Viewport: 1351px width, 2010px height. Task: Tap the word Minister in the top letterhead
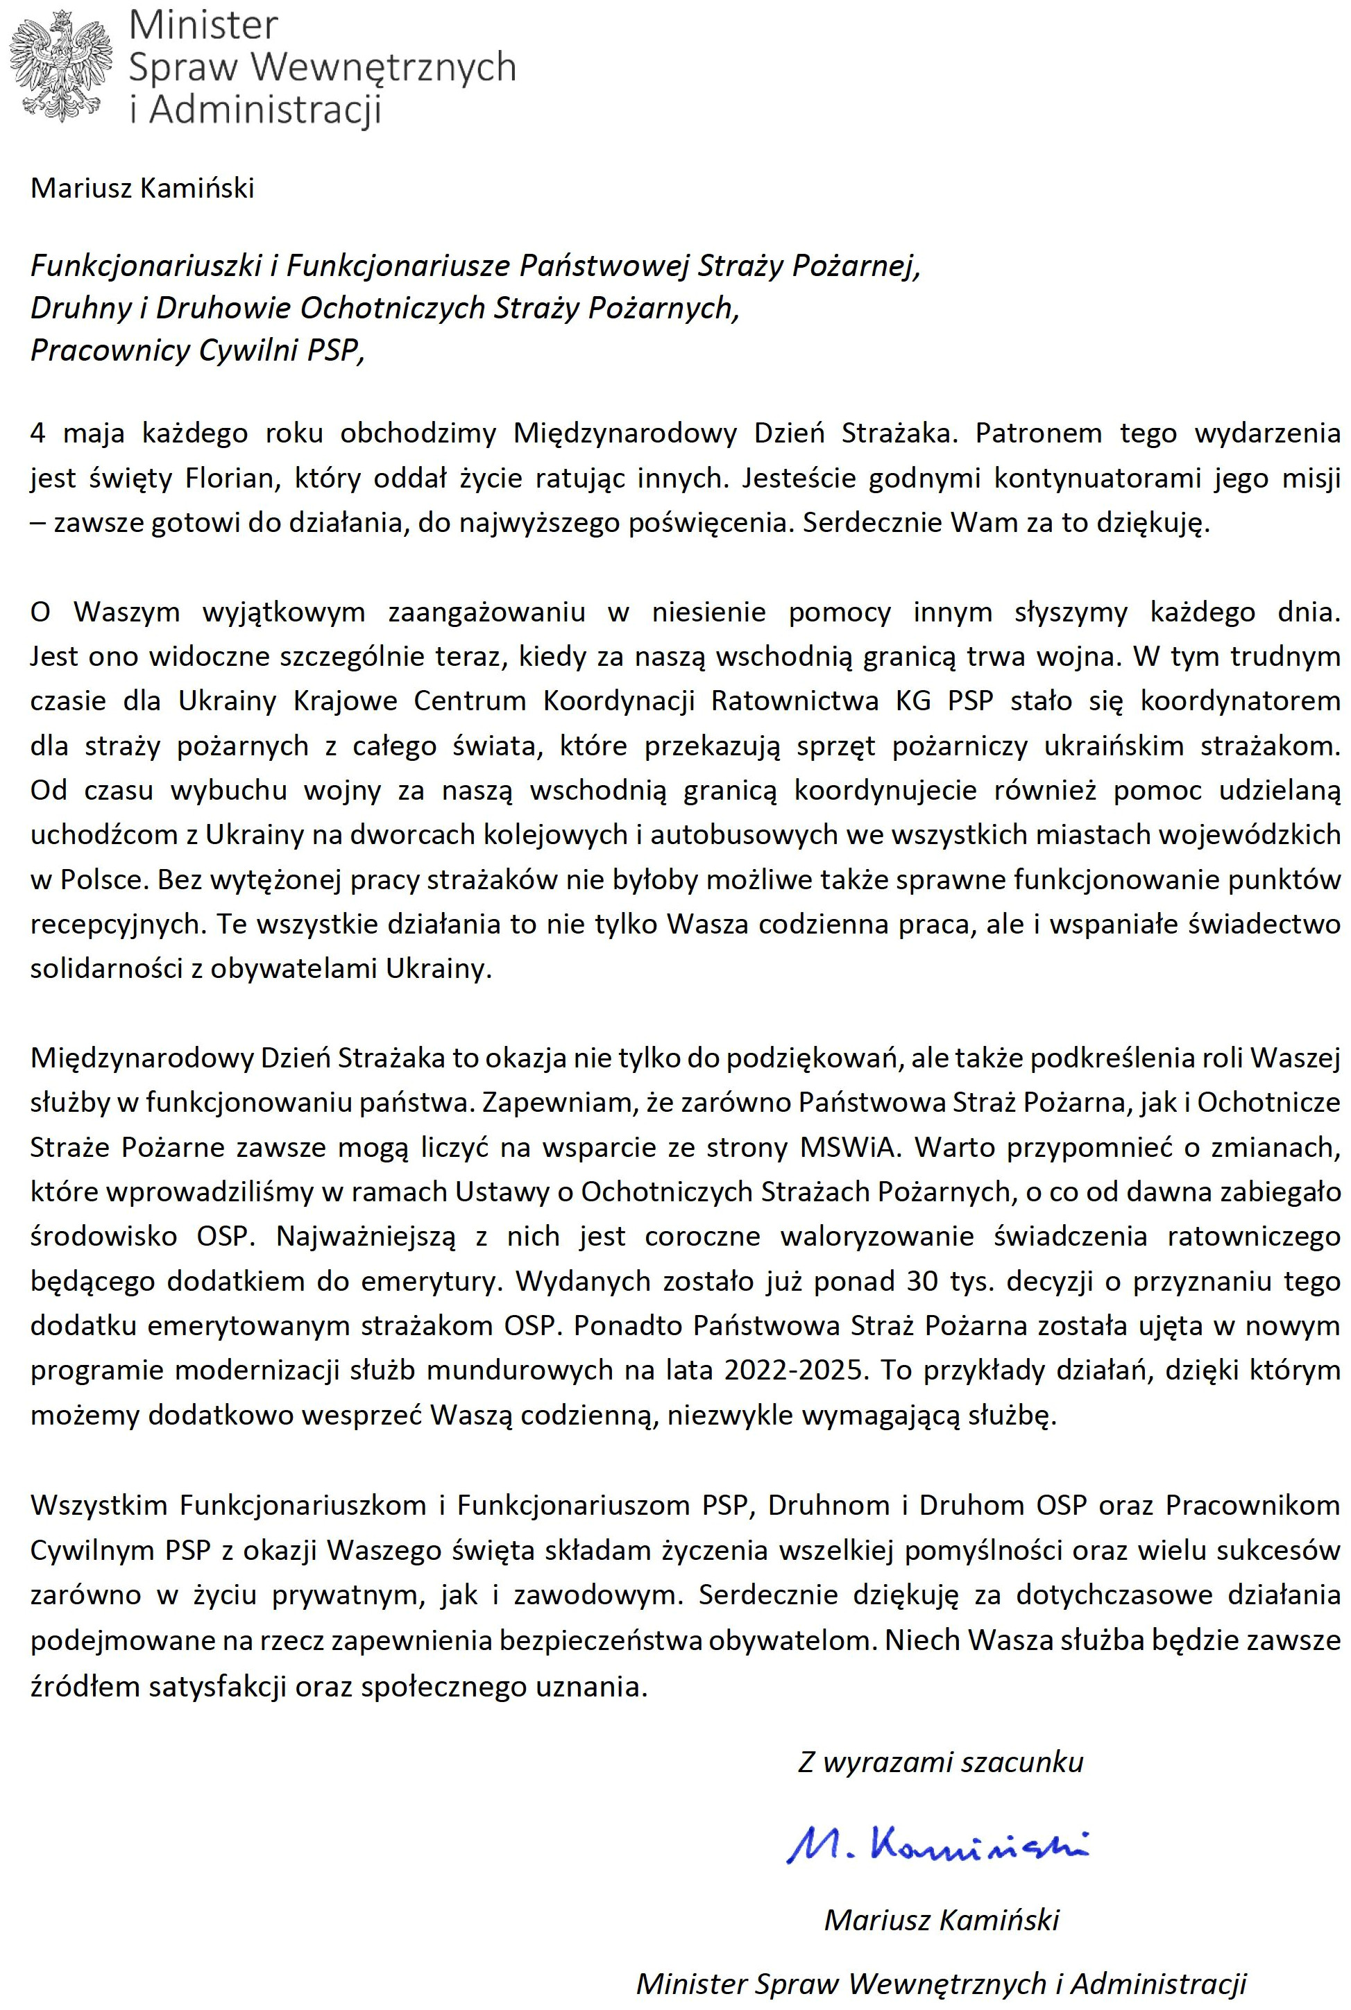point(203,26)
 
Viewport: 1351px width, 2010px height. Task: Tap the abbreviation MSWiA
point(848,1148)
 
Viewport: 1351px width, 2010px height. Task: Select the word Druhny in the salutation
point(80,309)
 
